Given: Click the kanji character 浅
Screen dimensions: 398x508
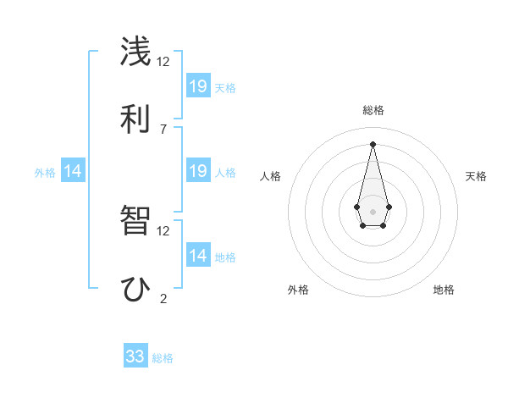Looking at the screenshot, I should pos(136,53).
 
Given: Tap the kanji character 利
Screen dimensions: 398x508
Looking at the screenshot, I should pos(136,118).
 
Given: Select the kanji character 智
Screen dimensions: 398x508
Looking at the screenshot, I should pos(136,222).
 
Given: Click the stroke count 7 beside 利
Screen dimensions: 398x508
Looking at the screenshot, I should pos(163,129).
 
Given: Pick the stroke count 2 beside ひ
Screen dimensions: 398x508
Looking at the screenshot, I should pos(163,298).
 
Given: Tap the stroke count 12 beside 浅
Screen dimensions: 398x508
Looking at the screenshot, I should pos(163,62).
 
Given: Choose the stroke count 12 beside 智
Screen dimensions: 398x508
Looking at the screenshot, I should pos(163,230).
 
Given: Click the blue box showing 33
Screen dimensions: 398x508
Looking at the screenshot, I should pos(135,357).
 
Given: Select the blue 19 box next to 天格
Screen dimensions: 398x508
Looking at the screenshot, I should pos(198,86).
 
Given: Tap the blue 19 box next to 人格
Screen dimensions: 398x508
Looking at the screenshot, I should pos(198,171).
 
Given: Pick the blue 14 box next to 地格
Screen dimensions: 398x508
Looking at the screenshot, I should pos(198,256).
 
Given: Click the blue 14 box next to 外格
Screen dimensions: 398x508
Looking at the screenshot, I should pos(73,171).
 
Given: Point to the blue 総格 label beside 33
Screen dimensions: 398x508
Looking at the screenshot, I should pos(163,358).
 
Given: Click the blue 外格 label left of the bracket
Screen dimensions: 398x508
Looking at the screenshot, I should pos(45,172).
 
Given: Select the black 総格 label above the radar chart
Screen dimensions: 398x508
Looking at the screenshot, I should pos(373,110).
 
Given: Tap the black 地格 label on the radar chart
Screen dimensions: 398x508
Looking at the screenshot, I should pos(444,290).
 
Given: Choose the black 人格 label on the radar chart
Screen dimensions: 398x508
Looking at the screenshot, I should pos(270,176).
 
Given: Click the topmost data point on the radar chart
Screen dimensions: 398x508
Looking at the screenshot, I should pos(373,143).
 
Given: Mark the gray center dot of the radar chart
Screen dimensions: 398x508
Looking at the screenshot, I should pos(373,210).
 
